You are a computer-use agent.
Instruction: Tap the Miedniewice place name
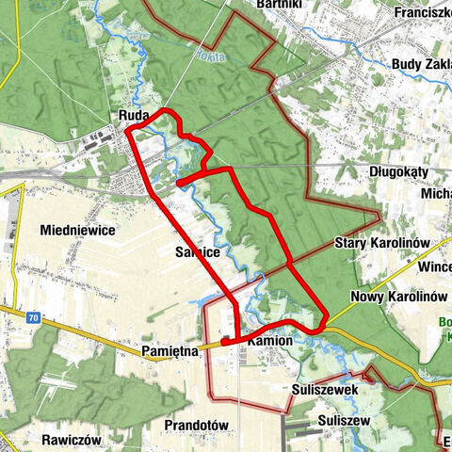[77, 230]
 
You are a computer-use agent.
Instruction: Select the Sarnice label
[197, 252]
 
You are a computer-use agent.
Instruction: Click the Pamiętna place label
[169, 350]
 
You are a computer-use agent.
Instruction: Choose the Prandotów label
[197, 426]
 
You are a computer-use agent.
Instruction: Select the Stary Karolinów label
[382, 243]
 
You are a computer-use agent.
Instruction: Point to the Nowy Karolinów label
[397, 296]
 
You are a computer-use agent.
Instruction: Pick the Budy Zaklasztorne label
[420, 65]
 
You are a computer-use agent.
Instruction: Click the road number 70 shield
[35, 319]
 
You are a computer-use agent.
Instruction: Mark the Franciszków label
[423, 13]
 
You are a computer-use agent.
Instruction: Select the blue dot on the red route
[178, 183]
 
